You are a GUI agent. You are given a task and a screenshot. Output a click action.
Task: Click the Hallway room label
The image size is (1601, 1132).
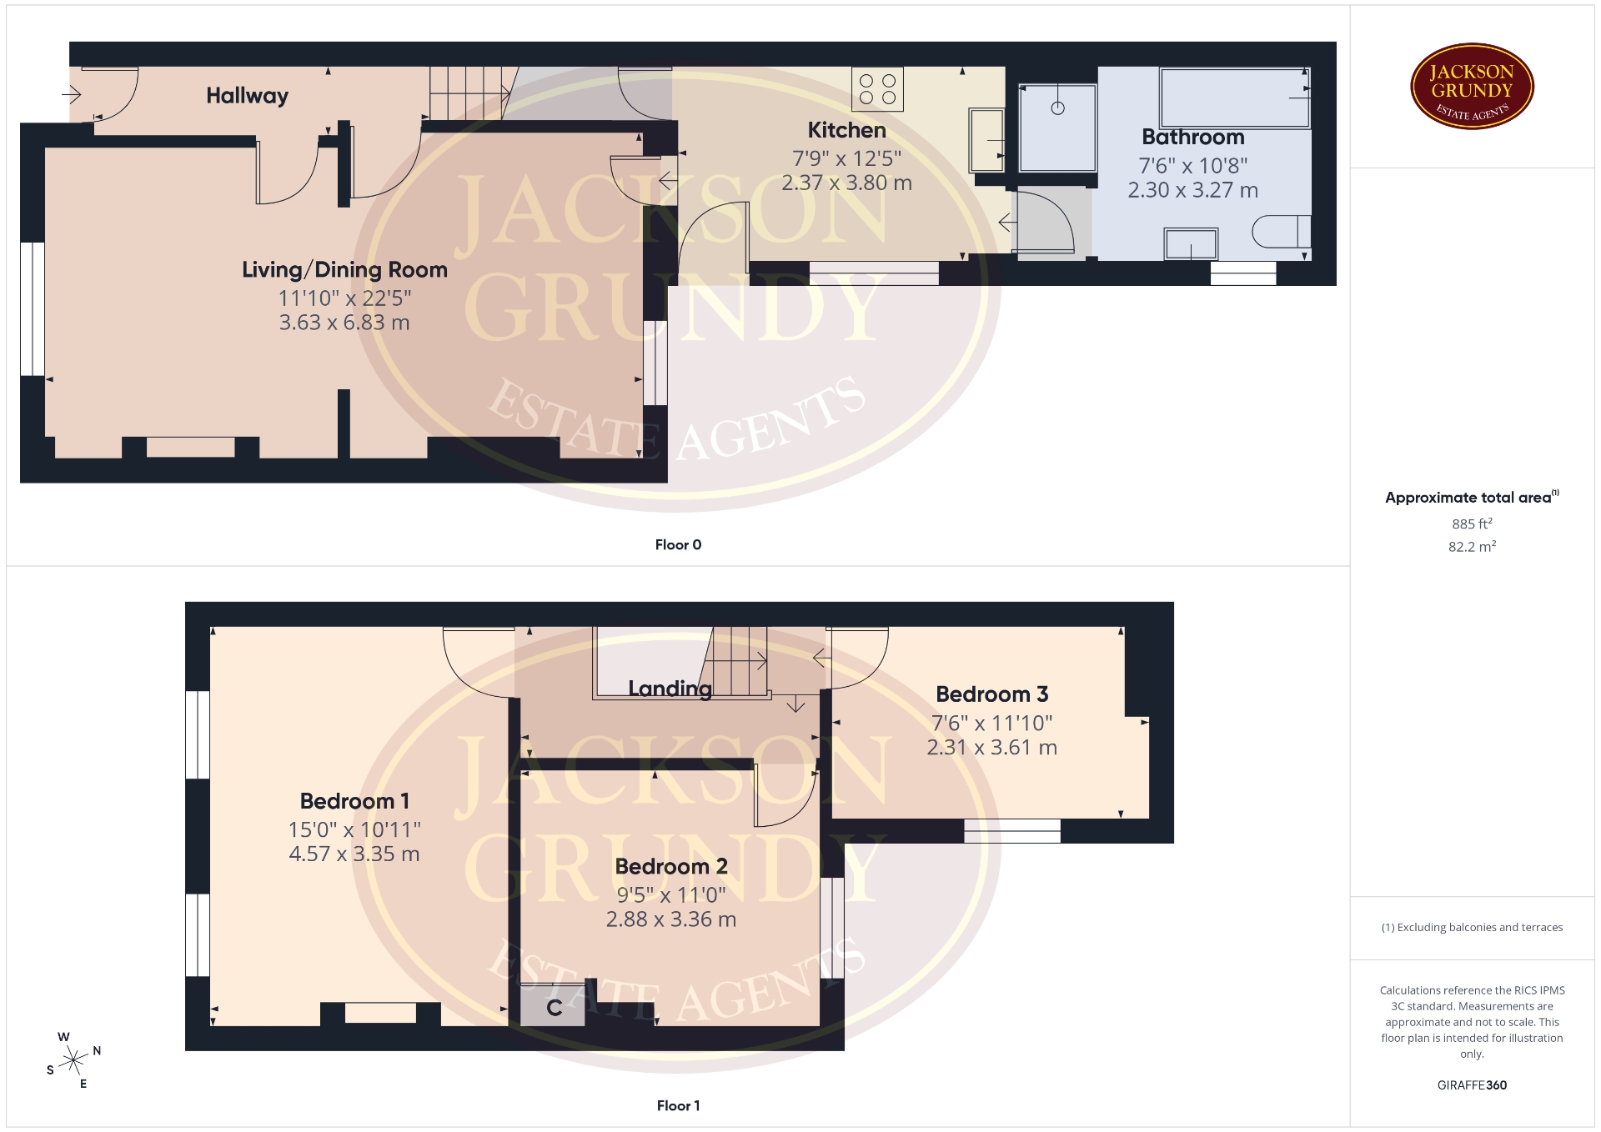tap(247, 96)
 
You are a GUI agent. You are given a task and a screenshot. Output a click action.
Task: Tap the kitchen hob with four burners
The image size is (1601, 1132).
tap(877, 89)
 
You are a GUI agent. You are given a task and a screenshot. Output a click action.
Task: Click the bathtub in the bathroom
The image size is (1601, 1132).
tap(1234, 98)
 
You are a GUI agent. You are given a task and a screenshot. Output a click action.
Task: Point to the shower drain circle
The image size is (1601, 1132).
tap(1057, 108)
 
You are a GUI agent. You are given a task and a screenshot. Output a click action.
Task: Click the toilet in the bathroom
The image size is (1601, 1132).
tap(1282, 231)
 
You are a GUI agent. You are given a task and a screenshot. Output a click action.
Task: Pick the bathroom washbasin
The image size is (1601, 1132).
tap(1191, 243)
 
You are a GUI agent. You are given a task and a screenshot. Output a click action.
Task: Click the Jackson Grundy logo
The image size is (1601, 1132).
tap(1472, 87)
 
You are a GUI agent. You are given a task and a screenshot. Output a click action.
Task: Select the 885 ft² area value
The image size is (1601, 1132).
tap(1472, 524)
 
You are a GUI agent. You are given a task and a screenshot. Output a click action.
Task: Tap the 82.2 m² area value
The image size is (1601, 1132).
tap(1472, 547)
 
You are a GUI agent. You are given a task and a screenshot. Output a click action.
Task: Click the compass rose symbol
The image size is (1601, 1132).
tap(74, 1060)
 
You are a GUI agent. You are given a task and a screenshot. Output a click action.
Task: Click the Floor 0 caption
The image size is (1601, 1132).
tap(678, 545)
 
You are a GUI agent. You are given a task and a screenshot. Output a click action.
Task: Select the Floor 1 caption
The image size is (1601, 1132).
tap(678, 1106)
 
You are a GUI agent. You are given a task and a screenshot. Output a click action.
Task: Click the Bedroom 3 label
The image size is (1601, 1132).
tap(991, 694)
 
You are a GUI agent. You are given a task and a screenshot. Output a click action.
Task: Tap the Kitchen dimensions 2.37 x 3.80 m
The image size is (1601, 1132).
tap(846, 183)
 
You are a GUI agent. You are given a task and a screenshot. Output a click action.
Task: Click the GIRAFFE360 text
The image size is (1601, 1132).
tap(1472, 1085)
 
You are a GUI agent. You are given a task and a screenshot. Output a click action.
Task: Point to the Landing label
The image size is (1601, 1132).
tap(670, 689)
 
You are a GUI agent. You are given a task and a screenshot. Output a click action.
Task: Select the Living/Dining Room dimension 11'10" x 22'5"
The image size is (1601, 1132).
tap(344, 298)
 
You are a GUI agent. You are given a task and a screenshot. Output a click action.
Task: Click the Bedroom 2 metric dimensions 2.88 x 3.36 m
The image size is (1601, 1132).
tap(670, 919)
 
